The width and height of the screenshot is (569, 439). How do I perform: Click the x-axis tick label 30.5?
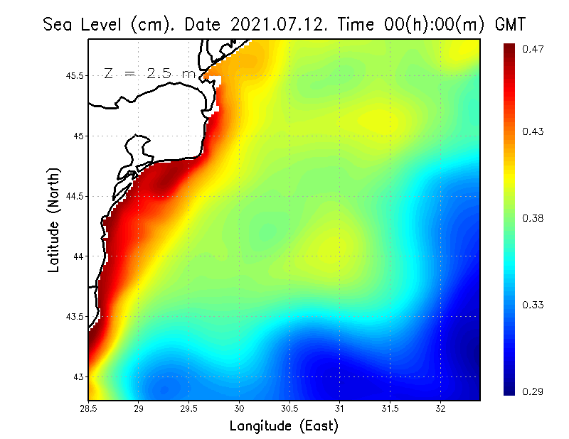coord(289,408)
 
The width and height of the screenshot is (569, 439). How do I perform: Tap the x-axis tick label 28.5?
coord(89,408)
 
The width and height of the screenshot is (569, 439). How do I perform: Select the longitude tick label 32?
coord(440,408)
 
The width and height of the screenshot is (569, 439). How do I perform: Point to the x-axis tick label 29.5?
coord(189,408)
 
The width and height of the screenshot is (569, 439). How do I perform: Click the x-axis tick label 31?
coord(340,408)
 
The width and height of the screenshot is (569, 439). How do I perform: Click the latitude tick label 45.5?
coord(75,76)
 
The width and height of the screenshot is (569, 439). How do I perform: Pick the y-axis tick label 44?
coord(78,256)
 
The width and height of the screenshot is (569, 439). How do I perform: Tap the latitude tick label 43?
coord(78,376)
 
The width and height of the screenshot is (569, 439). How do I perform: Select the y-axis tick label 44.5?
coord(75,196)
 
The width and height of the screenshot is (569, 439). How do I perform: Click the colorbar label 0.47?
coord(533,49)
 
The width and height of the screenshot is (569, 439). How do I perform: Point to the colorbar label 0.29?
coord(533,391)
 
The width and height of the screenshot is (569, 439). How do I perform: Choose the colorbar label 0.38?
coord(533,218)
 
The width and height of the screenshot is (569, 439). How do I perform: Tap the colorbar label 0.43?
coord(533,131)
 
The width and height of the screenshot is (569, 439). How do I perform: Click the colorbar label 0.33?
coord(533,305)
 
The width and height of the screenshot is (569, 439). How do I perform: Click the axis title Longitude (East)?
coord(284,426)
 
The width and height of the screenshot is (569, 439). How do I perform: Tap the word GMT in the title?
coord(510,24)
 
